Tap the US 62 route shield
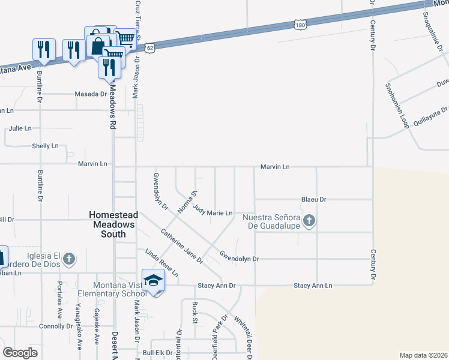click(150, 47)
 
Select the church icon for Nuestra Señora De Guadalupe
click(309, 221)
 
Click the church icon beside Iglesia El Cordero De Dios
click(69, 259)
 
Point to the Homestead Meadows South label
click(113, 224)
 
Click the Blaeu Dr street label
click(313, 199)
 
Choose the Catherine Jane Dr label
click(181, 246)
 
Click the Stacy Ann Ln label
click(312, 286)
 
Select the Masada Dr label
click(90, 94)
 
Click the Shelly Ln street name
click(45, 146)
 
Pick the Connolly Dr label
click(55, 326)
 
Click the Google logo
click(20, 353)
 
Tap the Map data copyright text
click(423, 355)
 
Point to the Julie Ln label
click(20, 128)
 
